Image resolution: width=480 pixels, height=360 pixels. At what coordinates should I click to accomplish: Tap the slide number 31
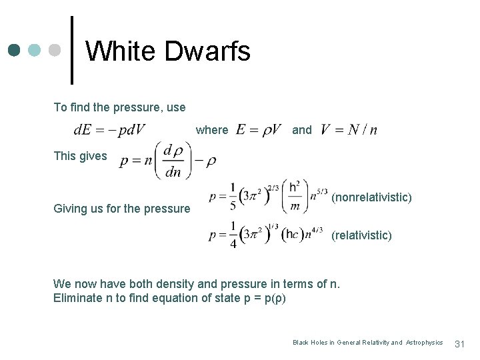(459, 343)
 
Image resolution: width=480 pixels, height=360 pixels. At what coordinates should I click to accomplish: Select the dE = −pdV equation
(110, 129)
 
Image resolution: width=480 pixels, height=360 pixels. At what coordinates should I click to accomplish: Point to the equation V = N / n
(349, 129)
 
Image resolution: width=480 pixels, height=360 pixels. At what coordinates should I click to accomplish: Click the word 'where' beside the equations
(212, 130)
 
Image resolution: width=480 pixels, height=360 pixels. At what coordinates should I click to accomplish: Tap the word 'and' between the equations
(301, 130)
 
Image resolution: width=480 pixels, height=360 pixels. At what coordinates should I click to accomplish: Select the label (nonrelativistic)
(371, 197)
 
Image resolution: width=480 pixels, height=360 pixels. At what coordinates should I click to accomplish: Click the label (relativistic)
(361, 235)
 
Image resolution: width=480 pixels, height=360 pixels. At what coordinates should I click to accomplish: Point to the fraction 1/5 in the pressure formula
(233, 197)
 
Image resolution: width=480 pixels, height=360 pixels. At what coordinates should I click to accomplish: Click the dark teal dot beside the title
(13, 51)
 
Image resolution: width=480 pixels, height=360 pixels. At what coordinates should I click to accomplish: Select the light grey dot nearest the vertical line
(56, 51)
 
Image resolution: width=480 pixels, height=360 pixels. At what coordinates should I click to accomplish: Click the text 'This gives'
(80, 156)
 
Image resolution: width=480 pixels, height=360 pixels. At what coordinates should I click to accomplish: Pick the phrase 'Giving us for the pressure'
(121, 209)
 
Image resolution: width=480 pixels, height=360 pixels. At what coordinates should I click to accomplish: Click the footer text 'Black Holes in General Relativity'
(340, 343)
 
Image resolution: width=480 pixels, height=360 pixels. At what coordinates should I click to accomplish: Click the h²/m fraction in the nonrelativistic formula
(293, 197)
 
